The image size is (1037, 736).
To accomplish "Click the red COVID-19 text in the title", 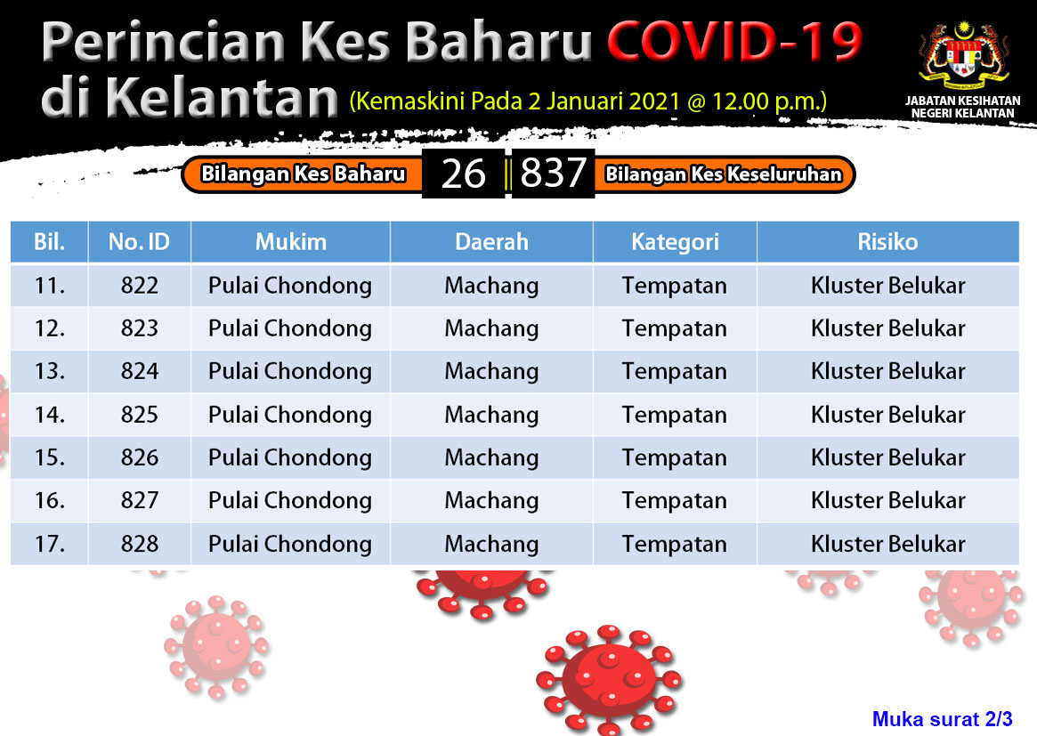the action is pyautogui.click(x=734, y=41).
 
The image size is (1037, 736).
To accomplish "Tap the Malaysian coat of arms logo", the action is pyautogui.click(x=964, y=55).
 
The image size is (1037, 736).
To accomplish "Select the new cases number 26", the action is pyautogui.click(x=463, y=174).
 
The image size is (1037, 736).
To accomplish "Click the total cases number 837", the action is pyautogui.click(x=553, y=174).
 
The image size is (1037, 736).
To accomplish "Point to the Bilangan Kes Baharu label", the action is pyautogui.click(x=303, y=174).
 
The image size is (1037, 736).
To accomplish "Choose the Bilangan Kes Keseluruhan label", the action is pyautogui.click(x=724, y=174).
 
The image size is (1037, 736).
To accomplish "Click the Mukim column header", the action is pyautogui.click(x=291, y=242).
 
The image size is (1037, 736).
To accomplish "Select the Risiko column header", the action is pyautogui.click(x=887, y=242).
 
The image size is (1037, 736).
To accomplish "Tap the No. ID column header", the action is pyautogui.click(x=139, y=242).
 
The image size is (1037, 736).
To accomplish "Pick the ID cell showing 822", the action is pyautogui.click(x=140, y=286).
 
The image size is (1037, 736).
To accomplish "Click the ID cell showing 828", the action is pyautogui.click(x=140, y=544).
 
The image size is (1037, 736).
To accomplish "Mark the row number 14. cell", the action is pyautogui.click(x=50, y=415).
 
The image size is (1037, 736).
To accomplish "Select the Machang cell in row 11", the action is pyautogui.click(x=491, y=286).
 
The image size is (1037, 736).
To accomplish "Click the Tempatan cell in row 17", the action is pyautogui.click(x=674, y=545).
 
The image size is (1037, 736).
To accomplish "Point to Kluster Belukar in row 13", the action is pyautogui.click(x=887, y=372).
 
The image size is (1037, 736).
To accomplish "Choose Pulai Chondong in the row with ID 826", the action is pyautogui.click(x=289, y=457).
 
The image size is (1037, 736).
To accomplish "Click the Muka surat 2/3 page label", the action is pyautogui.click(x=942, y=719).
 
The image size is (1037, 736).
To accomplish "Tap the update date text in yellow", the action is pyautogui.click(x=588, y=101).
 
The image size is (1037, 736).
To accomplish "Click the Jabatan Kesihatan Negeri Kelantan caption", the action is pyautogui.click(x=963, y=107).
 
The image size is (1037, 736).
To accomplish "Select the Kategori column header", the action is pyautogui.click(x=675, y=243).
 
